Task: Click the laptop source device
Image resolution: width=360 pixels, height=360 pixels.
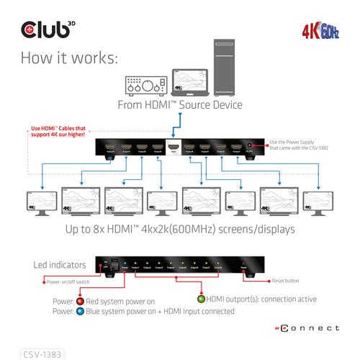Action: point(189,84)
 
